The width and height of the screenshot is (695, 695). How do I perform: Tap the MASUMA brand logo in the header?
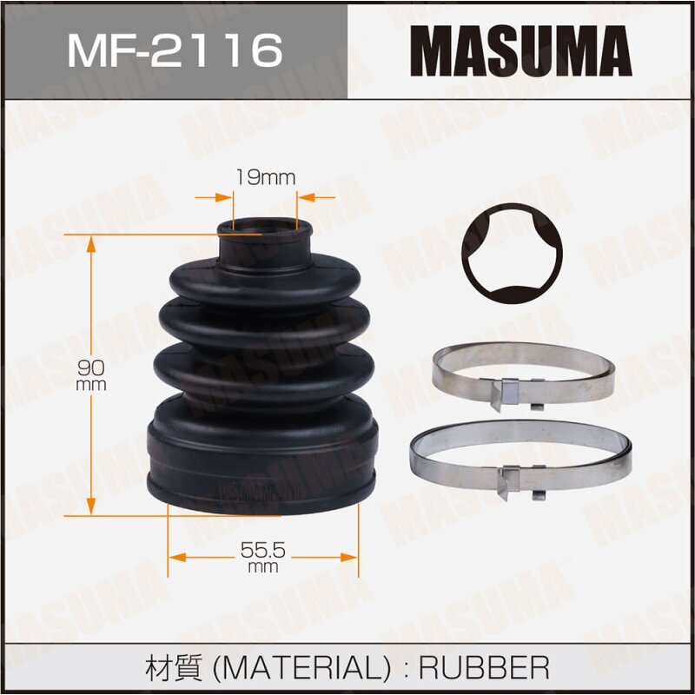click(520, 50)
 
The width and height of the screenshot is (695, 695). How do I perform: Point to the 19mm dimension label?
click(265, 178)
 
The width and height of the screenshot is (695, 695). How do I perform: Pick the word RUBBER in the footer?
click(484, 667)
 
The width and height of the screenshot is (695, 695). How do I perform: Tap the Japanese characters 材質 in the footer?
click(177, 667)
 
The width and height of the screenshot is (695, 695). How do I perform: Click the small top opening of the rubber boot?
click(264, 227)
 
